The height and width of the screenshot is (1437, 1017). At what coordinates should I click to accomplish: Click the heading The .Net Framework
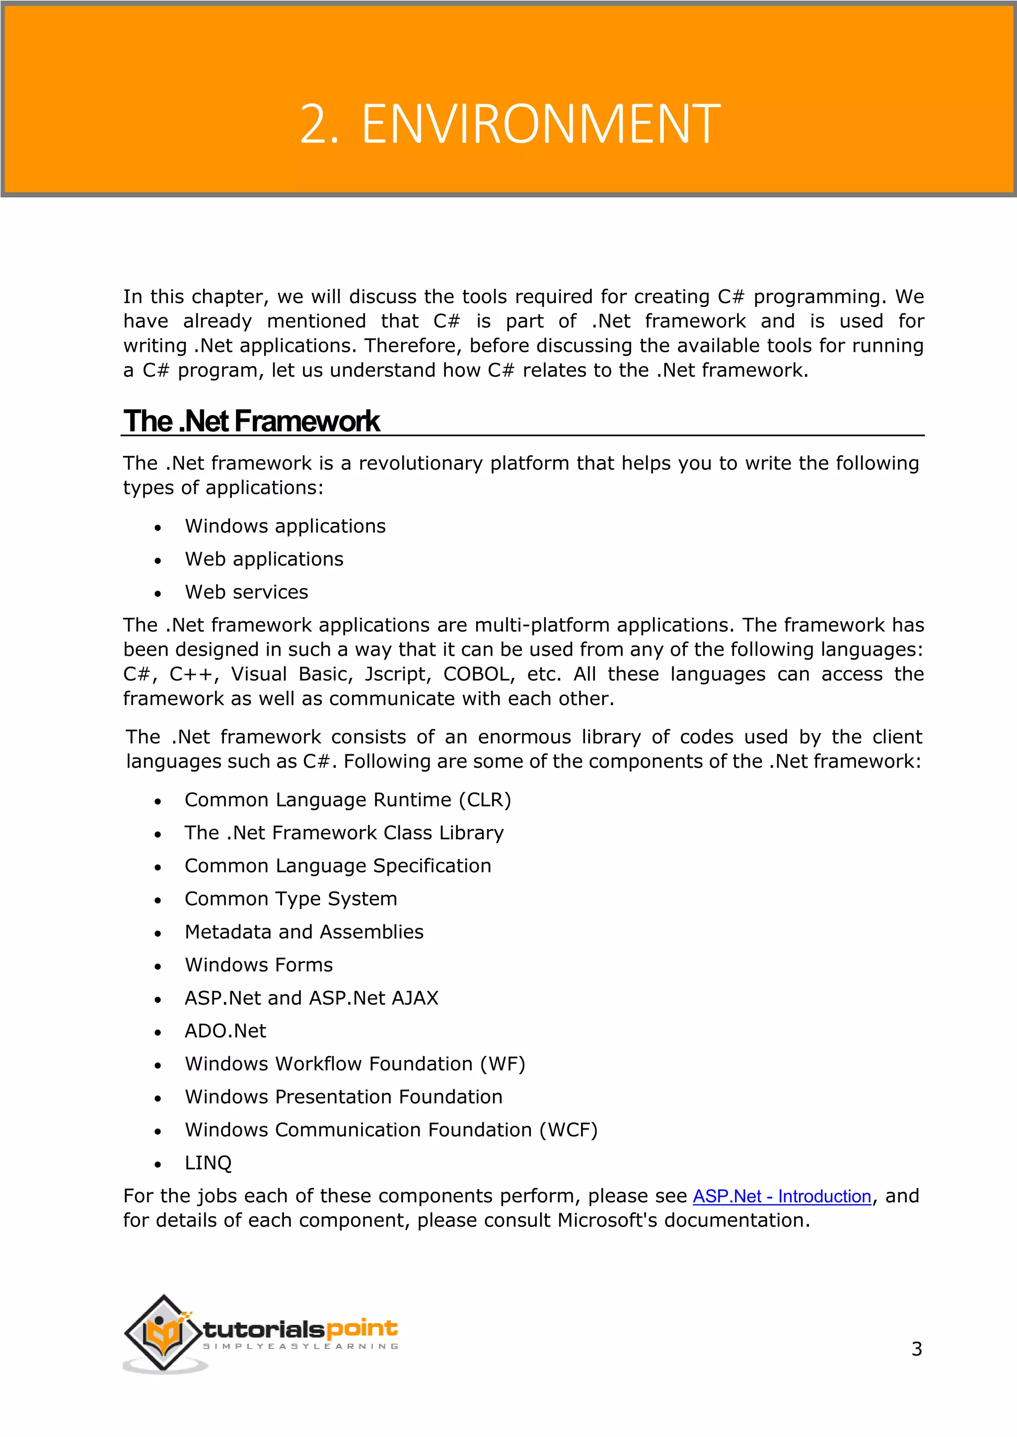point(251,421)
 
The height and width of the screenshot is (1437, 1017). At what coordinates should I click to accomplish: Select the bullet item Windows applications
point(285,526)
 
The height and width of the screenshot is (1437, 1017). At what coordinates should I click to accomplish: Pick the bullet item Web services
point(246,592)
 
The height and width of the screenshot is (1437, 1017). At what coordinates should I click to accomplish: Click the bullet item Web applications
point(264,559)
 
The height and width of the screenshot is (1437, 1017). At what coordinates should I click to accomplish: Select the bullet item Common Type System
point(291,899)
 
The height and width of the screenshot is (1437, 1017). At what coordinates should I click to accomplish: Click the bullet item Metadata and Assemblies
point(304,932)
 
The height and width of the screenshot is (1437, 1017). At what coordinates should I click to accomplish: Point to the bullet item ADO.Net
point(225,1031)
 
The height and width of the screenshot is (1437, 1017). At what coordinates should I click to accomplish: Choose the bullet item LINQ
point(208,1163)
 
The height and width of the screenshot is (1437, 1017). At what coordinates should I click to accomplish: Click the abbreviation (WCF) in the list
point(568,1130)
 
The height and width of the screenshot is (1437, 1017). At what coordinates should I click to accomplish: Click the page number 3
point(916,1349)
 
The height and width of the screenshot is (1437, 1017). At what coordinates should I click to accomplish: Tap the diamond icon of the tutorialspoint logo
point(164,1333)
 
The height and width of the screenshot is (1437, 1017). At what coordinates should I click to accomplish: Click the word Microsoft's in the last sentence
point(607,1221)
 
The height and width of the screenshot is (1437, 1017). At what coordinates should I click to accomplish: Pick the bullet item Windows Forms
point(259,965)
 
